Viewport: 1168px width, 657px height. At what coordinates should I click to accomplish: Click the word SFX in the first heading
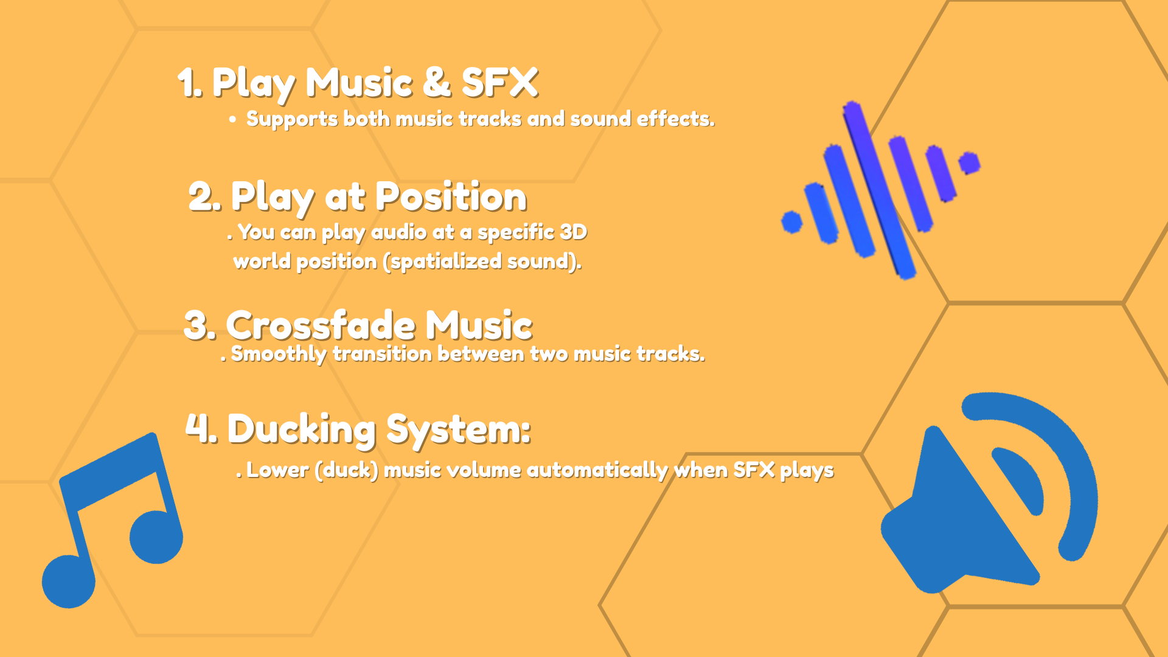(500, 82)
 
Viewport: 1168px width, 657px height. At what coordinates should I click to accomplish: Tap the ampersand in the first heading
(437, 82)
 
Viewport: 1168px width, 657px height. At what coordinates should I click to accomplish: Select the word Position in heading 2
(451, 196)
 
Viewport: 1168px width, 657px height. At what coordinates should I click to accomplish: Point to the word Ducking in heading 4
(302, 430)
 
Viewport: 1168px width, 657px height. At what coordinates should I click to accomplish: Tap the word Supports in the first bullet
(292, 119)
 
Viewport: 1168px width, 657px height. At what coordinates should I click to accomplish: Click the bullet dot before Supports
(232, 120)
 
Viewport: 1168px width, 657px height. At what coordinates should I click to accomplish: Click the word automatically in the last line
(597, 470)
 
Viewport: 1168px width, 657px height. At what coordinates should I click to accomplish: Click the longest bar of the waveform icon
(879, 190)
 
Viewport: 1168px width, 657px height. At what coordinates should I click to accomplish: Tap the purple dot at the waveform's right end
(969, 163)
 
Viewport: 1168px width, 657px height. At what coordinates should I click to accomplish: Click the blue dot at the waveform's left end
(792, 222)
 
